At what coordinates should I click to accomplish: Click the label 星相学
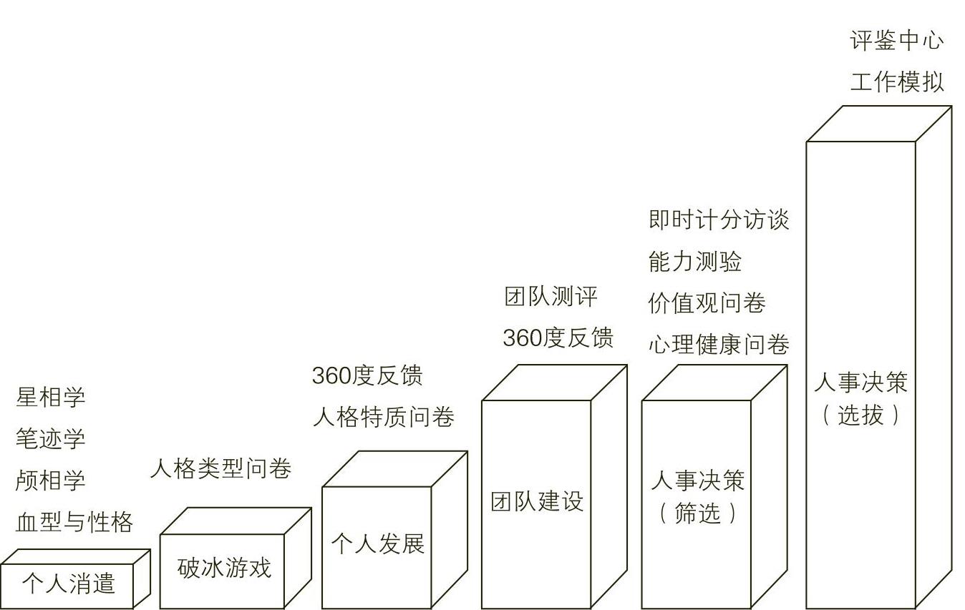click(50, 398)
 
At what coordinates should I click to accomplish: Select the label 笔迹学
click(50, 438)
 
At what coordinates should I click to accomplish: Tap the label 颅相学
click(50, 480)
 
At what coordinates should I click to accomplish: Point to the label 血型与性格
click(74, 522)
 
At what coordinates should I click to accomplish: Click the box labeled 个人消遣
click(68, 584)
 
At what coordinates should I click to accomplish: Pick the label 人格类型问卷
click(220, 469)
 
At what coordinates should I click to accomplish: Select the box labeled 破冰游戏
click(224, 568)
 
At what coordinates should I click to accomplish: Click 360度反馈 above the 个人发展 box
click(367, 375)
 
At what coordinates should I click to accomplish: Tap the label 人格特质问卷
click(383, 417)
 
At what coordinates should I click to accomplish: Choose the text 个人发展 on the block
click(377, 544)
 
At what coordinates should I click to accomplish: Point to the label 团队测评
click(550, 296)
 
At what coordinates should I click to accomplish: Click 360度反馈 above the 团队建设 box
click(558, 338)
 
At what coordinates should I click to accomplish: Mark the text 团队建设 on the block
click(537, 501)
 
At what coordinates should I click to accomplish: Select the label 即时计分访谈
click(719, 220)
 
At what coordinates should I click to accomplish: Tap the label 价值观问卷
click(707, 303)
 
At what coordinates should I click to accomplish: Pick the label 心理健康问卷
click(719, 345)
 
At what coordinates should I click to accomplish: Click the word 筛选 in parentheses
click(697, 513)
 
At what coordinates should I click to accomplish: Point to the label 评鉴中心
click(897, 40)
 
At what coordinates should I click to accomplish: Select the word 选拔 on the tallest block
click(860, 415)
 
